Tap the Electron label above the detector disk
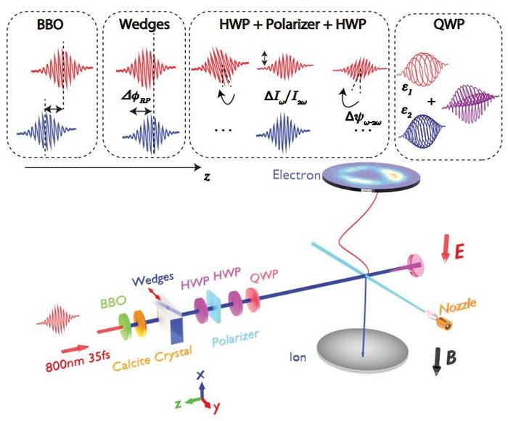point(294,174)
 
